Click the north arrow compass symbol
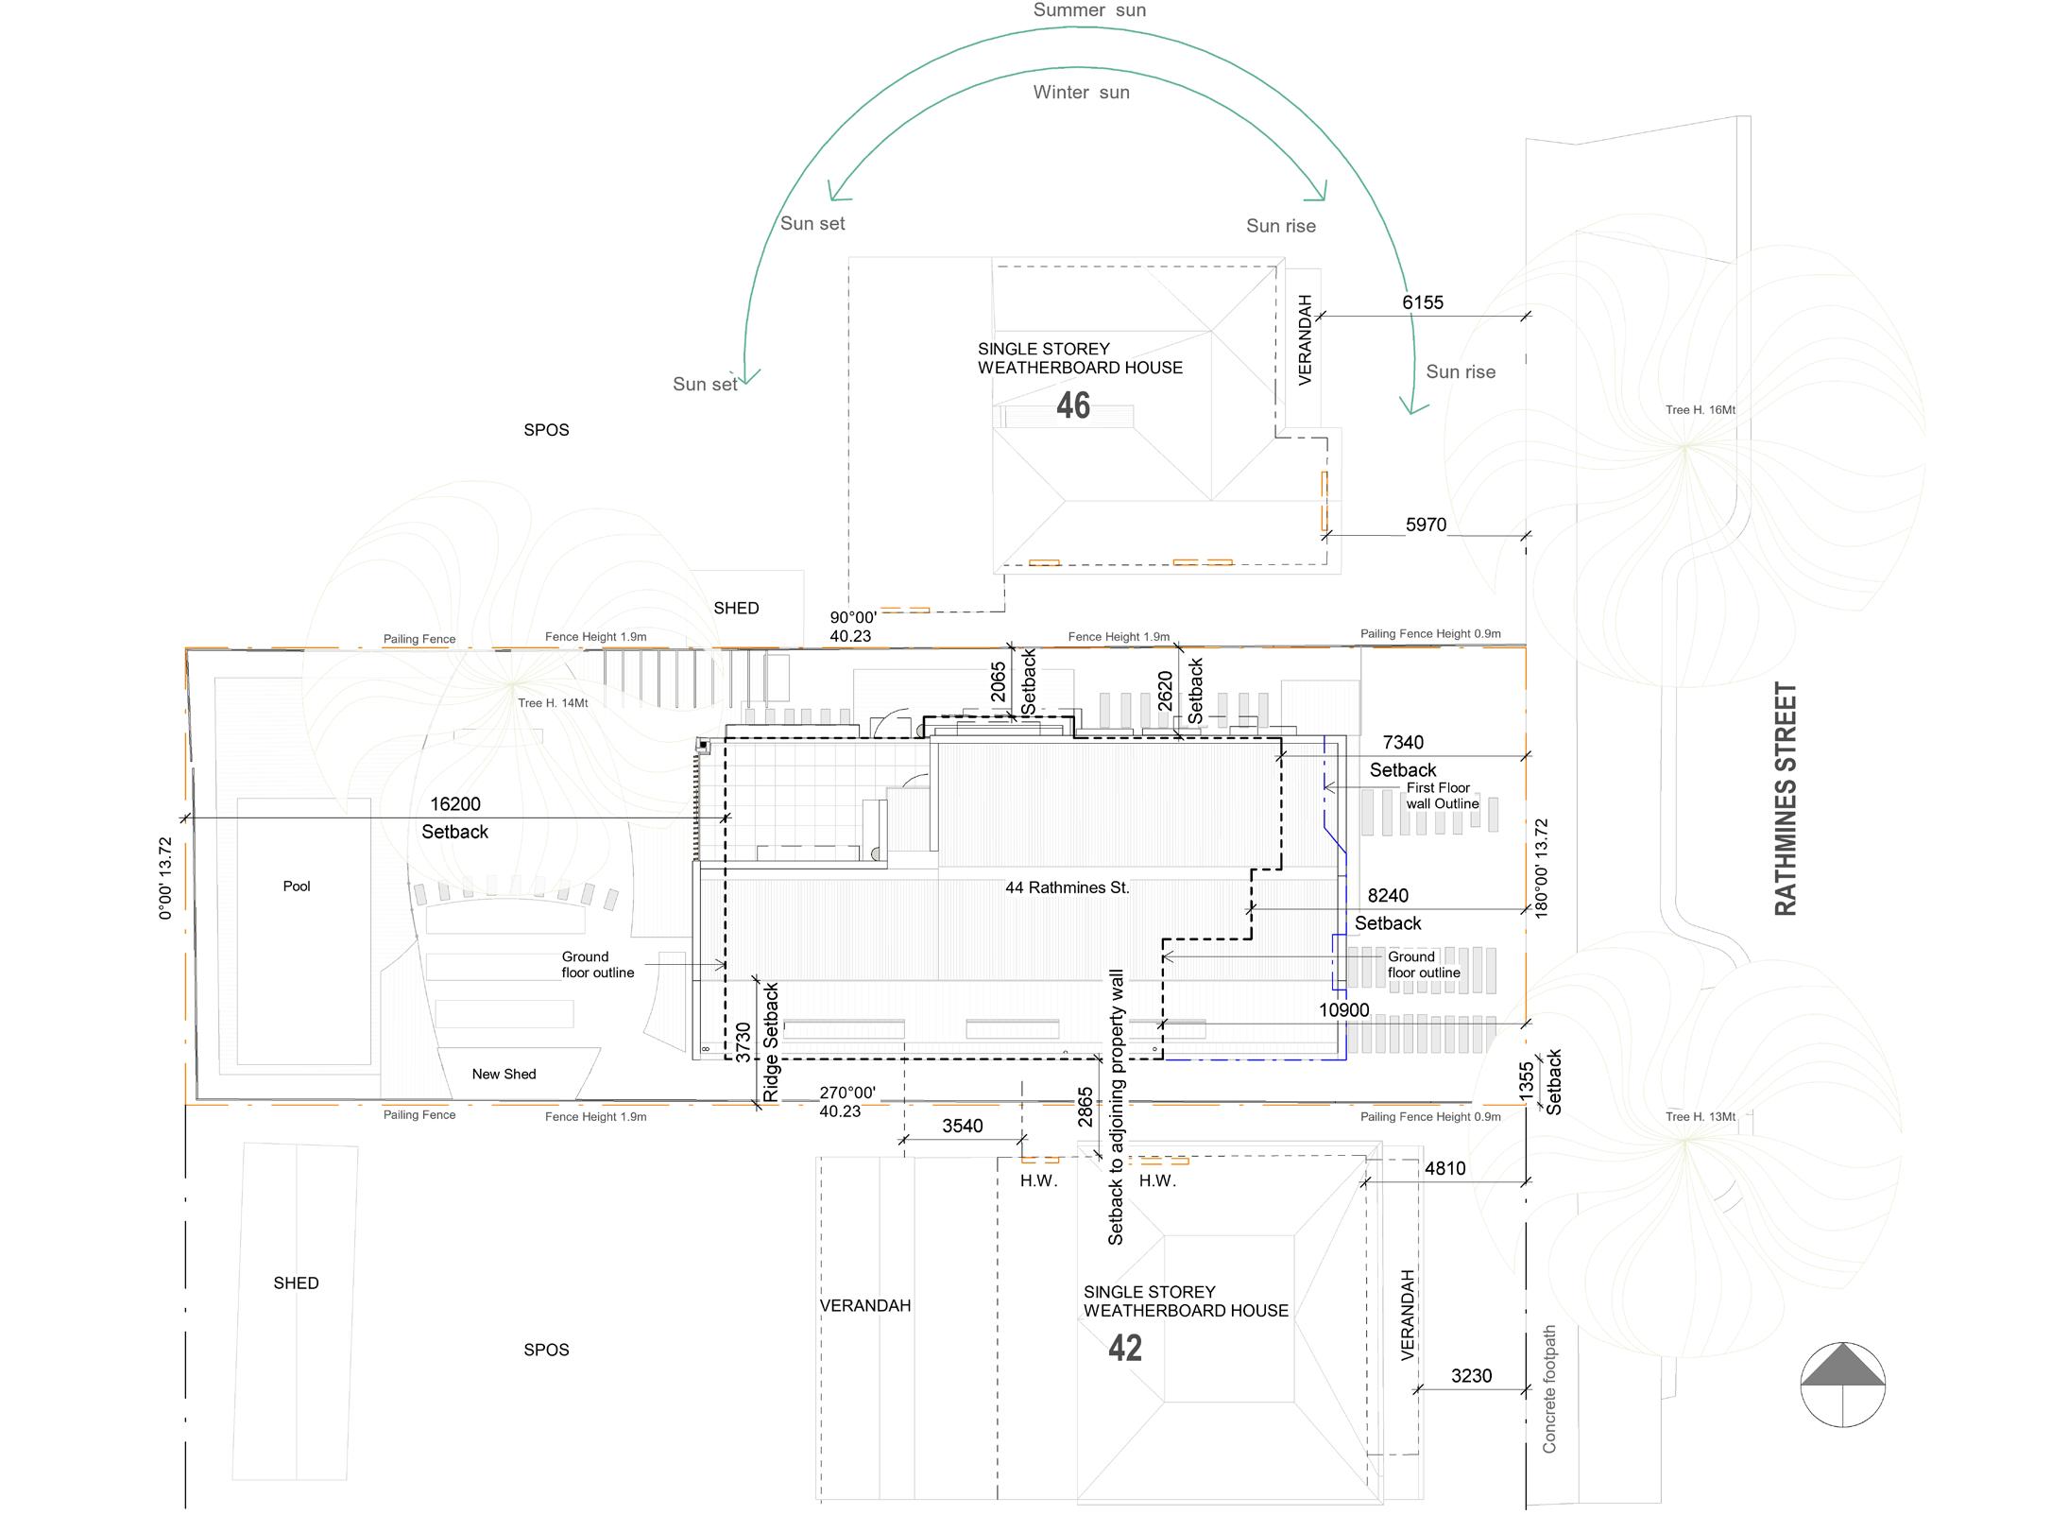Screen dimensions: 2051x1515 click(1842, 1384)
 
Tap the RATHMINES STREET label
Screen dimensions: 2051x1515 click(1785, 799)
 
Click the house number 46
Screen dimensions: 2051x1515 click(1073, 405)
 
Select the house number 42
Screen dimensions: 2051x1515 click(1125, 1348)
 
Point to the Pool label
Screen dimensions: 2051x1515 click(297, 886)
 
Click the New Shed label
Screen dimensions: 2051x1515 click(504, 1074)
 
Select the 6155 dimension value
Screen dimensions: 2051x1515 click(1423, 302)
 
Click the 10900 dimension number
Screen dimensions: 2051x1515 click(1343, 1010)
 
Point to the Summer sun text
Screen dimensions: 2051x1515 click(1089, 10)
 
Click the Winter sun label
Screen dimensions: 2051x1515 click(1081, 93)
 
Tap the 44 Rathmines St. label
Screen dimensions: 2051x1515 click(1068, 887)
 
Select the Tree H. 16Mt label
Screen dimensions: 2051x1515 click(1701, 410)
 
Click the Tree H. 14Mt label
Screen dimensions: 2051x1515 click(553, 703)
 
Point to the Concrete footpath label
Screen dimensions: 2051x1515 click(1549, 1388)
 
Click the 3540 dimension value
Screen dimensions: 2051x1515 click(962, 1126)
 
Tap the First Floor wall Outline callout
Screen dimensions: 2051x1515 click(1442, 796)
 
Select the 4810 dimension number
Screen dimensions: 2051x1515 click(1444, 1168)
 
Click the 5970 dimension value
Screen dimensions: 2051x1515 click(1426, 525)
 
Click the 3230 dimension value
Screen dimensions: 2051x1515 click(1471, 1376)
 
